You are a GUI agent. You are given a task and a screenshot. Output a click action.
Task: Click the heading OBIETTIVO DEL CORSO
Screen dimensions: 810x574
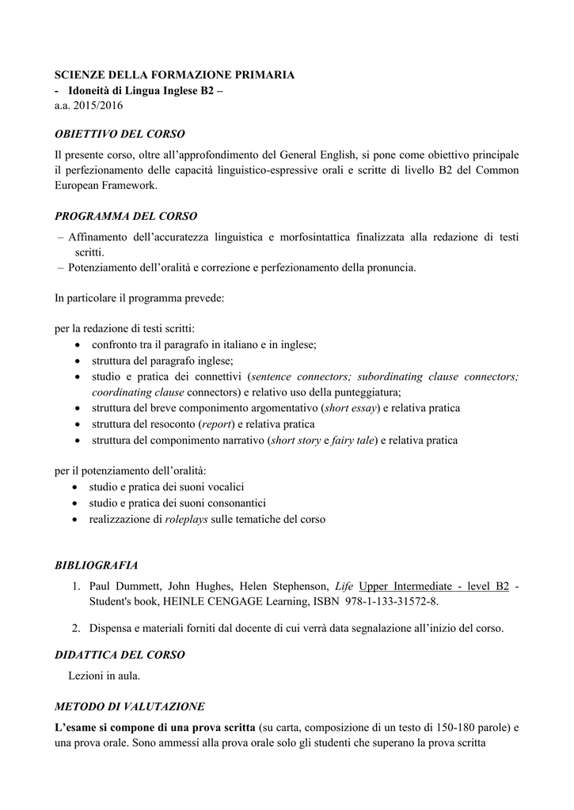coord(120,134)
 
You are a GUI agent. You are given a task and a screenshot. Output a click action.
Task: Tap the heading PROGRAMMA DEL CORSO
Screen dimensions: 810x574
coord(126,216)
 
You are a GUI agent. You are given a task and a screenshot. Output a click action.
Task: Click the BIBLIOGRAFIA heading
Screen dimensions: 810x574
coord(96,565)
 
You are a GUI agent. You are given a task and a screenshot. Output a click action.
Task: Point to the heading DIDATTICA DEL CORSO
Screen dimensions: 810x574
coord(120,655)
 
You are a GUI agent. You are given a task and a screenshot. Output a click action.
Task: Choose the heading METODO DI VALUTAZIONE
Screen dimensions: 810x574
coord(130,706)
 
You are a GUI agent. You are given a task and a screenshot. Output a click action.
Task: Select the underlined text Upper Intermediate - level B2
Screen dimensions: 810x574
coord(434,586)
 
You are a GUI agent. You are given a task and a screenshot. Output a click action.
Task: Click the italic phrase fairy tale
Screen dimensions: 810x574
coord(353,441)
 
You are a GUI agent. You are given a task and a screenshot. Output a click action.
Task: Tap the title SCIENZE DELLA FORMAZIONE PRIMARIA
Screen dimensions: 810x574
coord(174,74)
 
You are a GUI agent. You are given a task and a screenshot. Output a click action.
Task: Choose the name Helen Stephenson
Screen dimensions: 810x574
coord(288,586)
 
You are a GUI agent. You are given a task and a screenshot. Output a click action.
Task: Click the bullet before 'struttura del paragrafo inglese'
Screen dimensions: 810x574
coord(76,361)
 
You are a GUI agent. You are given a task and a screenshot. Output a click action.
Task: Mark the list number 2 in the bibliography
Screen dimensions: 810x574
coord(76,629)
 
